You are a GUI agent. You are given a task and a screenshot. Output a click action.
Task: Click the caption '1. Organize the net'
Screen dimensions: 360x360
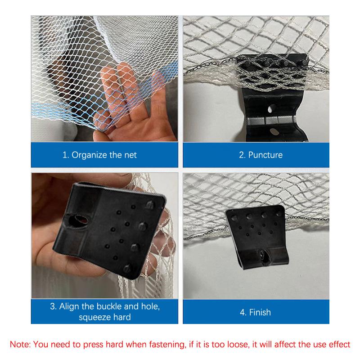tap(99, 155)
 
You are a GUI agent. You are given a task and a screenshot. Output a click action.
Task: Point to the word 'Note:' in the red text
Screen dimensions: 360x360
tap(20, 345)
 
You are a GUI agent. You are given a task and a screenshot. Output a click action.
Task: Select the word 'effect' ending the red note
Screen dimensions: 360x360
tap(339, 345)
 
